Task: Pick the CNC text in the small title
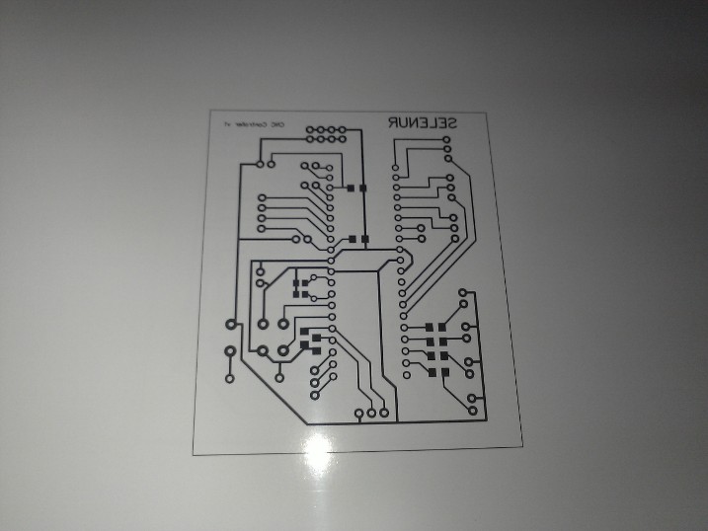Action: [277, 124]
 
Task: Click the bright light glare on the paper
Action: [318, 449]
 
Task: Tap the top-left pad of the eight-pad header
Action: [310, 130]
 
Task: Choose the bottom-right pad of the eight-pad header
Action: [342, 141]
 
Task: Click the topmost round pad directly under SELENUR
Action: [447, 141]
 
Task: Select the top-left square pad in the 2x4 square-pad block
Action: [431, 327]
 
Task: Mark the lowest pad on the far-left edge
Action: [229, 376]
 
